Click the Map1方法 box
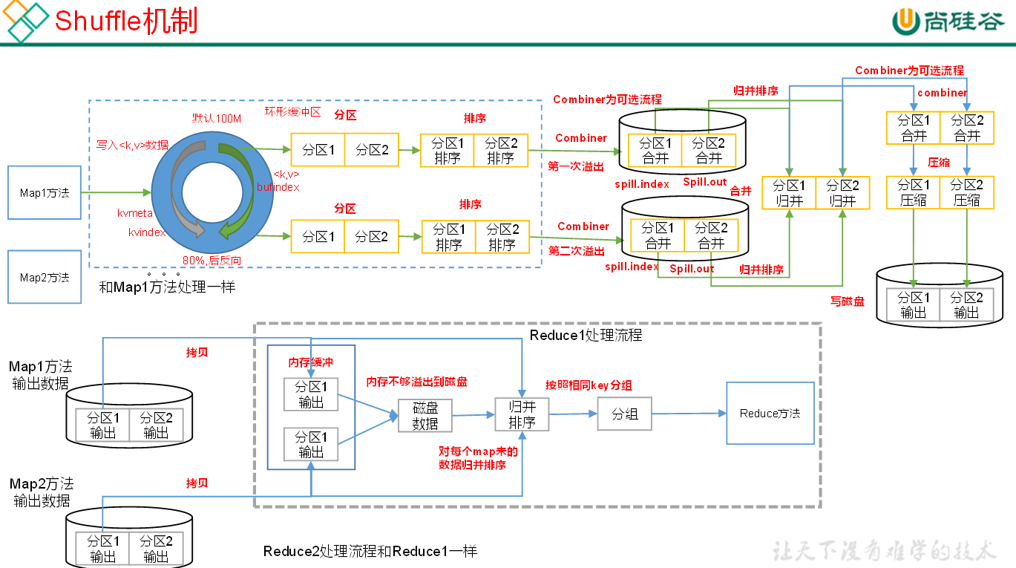(x=45, y=193)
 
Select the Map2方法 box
(x=45, y=277)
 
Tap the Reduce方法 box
(x=770, y=414)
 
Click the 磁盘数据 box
(x=425, y=416)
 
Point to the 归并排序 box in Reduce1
(x=522, y=414)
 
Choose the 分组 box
(x=624, y=414)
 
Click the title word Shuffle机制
(x=126, y=21)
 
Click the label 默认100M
(x=217, y=119)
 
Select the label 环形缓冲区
(x=292, y=112)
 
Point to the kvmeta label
(x=135, y=213)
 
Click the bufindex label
(x=278, y=188)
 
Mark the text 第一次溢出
(x=576, y=166)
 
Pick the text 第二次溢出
(x=576, y=251)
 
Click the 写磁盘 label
(x=847, y=301)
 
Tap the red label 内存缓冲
(x=311, y=363)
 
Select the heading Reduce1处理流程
(x=586, y=336)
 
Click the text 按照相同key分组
(x=589, y=385)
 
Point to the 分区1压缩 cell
(x=914, y=192)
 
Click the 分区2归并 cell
(x=842, y=193)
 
